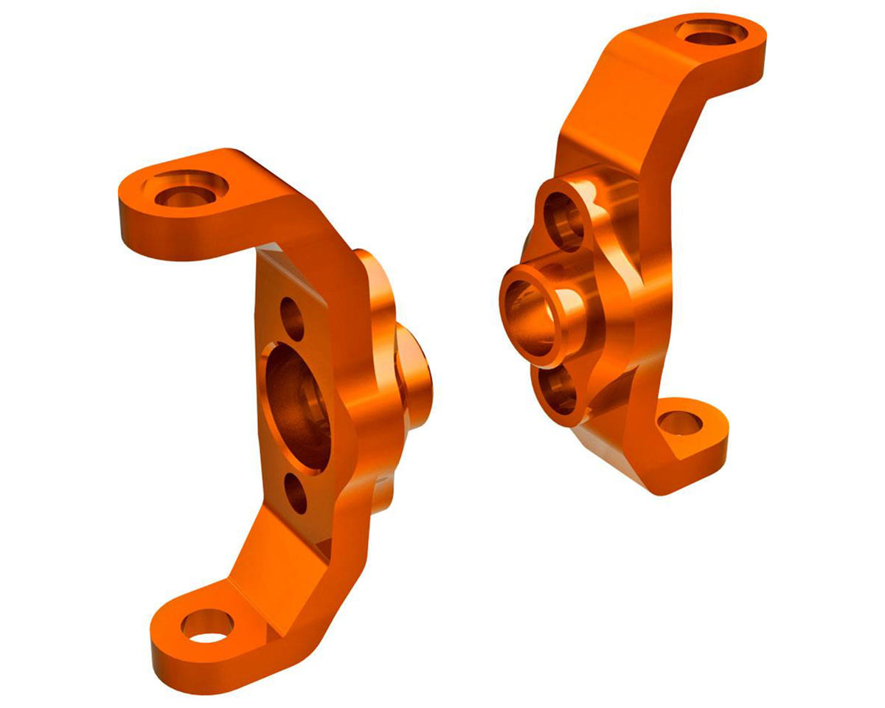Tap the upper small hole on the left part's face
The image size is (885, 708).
[x=292, y=319]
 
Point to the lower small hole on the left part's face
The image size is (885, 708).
[x=295, y=493]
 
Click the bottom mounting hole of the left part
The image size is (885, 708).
[x=207, y=625]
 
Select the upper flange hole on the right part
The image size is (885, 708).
[x=563, y=219]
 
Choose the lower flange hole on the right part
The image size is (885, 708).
[x=559, y=386]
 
